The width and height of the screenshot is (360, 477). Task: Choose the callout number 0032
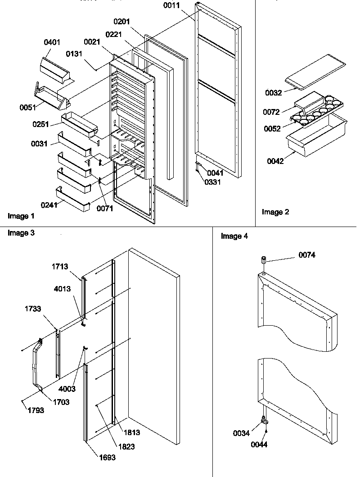(273, 93)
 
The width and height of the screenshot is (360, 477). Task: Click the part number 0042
(274, 161)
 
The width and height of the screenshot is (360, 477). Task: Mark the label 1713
(59, 266)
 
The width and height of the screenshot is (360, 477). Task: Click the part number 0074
(306, 255)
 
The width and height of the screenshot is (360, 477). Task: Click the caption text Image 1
(21, 216)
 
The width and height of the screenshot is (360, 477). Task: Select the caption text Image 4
(234, 236)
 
